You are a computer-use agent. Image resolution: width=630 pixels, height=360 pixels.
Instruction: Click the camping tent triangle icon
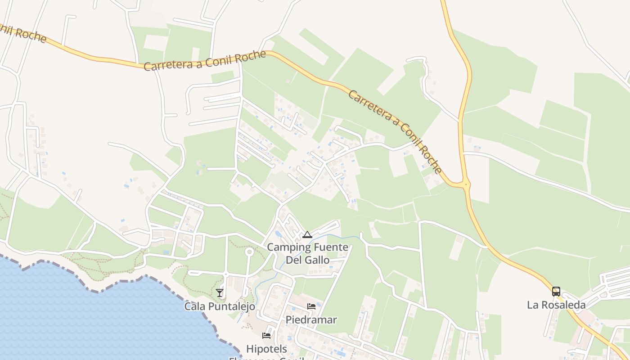tap(307, 234)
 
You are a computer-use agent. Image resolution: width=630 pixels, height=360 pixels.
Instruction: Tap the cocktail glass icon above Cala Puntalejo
tap(220, 293)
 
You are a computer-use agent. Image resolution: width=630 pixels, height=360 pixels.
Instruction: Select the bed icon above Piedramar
tap(311, 306)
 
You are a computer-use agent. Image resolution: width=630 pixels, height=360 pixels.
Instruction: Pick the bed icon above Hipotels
tap(266, 336)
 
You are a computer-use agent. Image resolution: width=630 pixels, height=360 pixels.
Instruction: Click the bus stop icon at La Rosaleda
tap(556, 291)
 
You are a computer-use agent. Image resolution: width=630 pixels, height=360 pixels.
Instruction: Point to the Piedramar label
tap(311, 320)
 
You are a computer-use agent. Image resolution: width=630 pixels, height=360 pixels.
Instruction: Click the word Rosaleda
tap(562, 305)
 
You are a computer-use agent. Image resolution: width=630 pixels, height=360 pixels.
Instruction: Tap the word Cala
tap(194, 306)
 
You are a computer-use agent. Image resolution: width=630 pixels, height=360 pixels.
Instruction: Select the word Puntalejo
tap(231, 306)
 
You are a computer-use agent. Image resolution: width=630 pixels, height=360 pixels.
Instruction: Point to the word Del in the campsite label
tap(295, 260)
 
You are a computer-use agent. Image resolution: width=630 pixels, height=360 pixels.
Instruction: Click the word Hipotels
tap(266, 349)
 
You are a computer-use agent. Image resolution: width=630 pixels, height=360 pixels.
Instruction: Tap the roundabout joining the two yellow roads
tap(466, 184)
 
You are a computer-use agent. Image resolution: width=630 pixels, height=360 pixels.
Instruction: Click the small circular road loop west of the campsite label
tap(249, 252)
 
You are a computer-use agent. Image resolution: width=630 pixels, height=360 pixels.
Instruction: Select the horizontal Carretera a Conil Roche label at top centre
tap(205, 61)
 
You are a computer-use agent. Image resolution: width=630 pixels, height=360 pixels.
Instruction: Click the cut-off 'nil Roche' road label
tap(22, 32)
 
